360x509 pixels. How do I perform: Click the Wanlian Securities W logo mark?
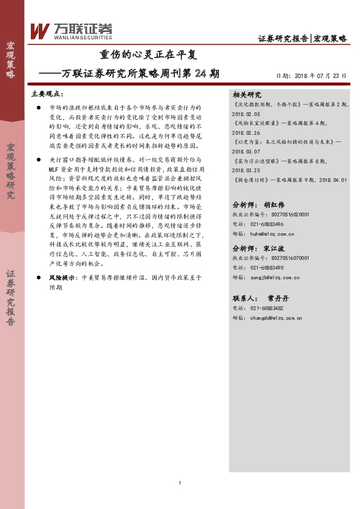[40, 30]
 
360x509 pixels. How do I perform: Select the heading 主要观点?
[47, 95]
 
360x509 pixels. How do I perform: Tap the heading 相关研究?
[246, 95]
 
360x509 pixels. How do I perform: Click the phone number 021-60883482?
[266, 308]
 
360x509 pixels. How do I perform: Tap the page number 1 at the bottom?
[180, 482]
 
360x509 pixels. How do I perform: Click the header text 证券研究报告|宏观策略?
[302, 38]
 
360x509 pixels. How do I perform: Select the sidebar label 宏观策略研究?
[11, 172]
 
